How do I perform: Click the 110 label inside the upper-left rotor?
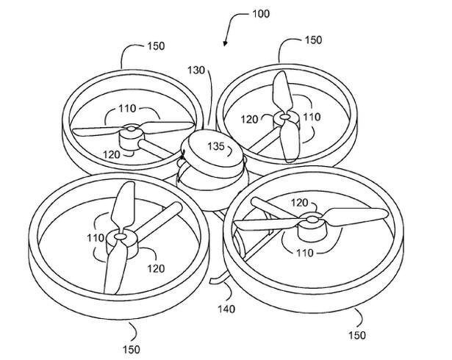click(x=127, y=108)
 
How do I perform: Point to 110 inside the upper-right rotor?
click(x=312, y=117)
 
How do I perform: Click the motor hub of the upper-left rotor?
click(x=132, y=134)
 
